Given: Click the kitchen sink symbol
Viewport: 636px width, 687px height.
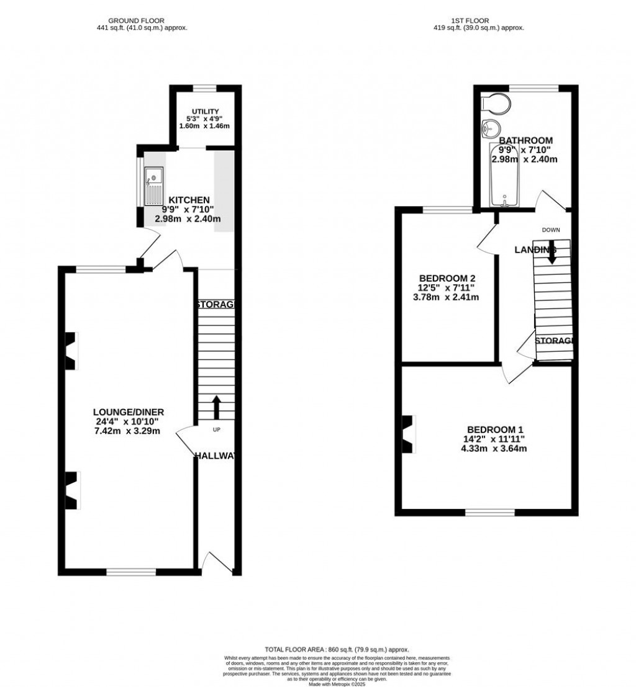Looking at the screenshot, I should click(153, 186).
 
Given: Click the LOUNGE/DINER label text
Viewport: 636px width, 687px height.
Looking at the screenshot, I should click(128, 412).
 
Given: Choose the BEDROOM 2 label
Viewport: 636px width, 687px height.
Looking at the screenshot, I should click(447, 277).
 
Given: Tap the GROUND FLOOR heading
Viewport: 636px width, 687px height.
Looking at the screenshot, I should click(136, 20).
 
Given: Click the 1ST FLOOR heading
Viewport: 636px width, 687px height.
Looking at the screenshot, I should click(478, 20).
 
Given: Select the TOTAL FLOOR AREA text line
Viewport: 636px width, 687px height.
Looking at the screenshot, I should click(338, 649).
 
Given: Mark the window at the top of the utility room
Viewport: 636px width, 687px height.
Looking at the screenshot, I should click(204, 88).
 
